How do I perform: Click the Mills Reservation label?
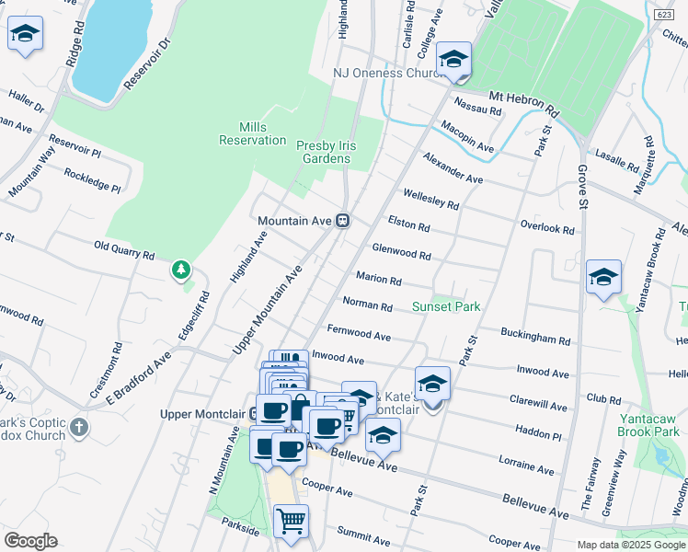tap(252, 133)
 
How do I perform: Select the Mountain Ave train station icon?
tap(342, 221)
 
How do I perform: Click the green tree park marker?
tap(181, 270)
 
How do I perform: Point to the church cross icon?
tap(80, 427)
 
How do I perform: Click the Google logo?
tap(30, 541)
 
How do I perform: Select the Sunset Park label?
tap(446, 306)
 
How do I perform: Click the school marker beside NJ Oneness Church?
tap(453, 61)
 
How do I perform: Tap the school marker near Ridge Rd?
tap(25, 35)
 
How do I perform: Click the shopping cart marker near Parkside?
tap(291, 521)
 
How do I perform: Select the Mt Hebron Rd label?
tap(523, 101)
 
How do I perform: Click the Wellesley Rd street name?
tap(430, 199)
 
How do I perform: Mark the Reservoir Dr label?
tap(147, 63)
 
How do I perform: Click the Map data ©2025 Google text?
tap(630, 545)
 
